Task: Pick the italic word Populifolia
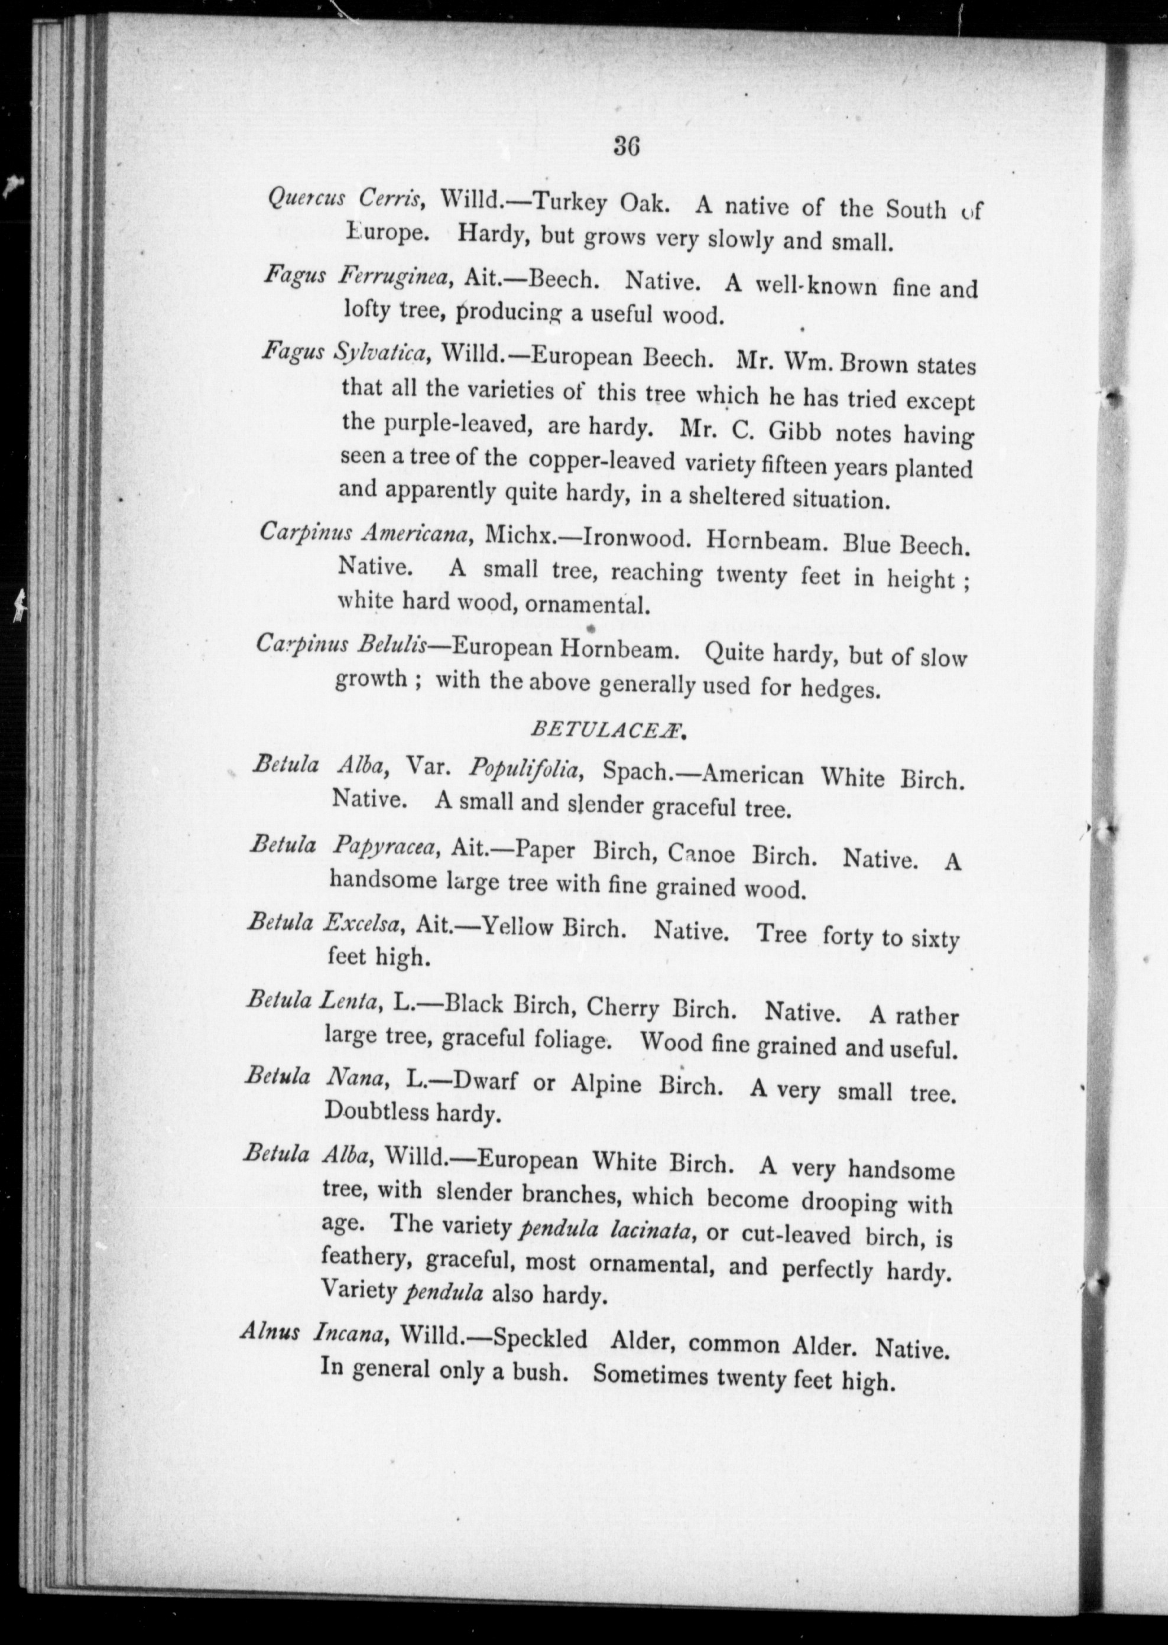click(x=525, y=771)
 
